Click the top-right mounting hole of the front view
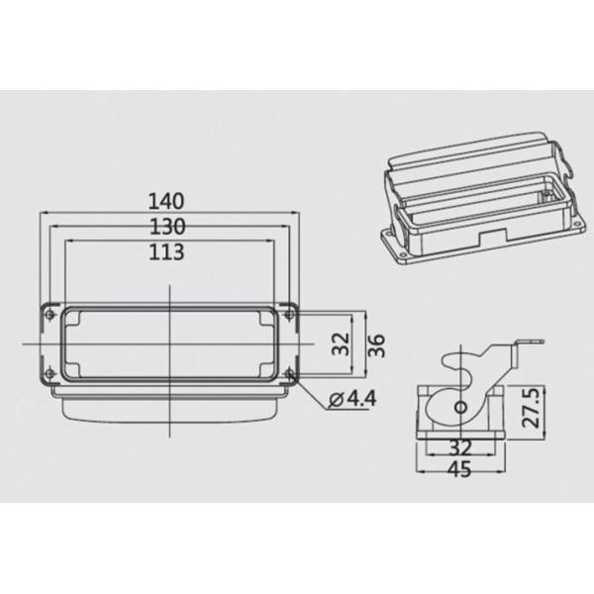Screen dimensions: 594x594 [289, 315]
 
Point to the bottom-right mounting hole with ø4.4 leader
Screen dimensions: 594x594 [289, 373]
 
